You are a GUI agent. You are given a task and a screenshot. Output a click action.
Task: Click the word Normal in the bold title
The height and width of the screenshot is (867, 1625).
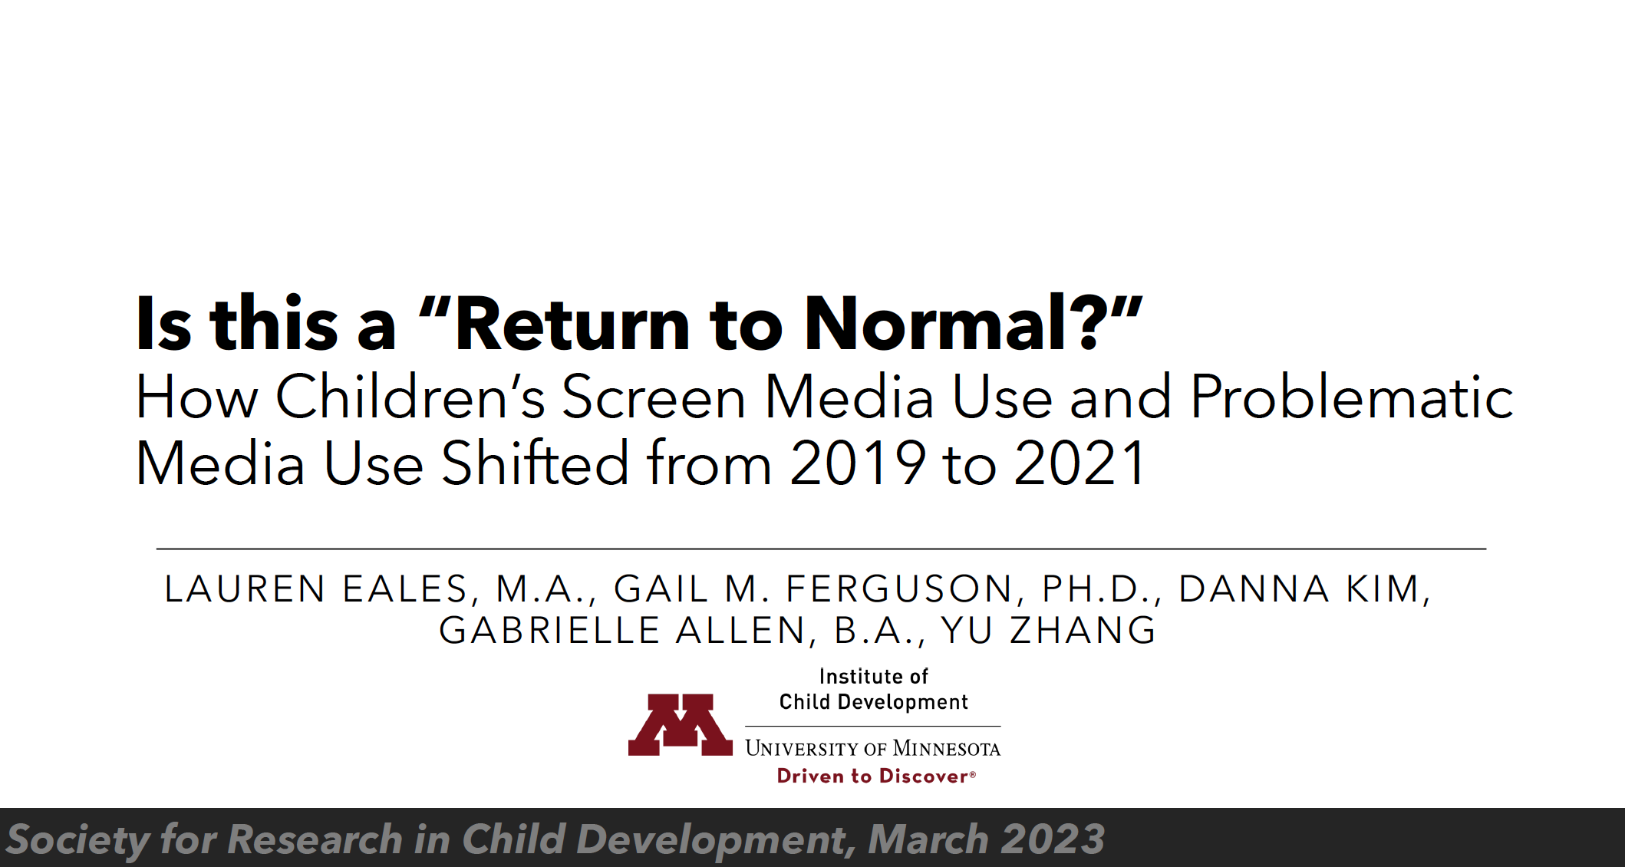935,324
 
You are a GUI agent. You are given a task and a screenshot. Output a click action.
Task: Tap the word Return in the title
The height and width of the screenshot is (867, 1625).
572,324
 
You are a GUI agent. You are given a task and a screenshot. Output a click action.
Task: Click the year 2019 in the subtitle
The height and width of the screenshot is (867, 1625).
858,463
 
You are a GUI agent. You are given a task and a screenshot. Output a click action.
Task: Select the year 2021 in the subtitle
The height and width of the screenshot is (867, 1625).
1080,463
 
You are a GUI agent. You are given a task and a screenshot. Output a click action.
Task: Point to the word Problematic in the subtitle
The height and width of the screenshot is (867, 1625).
1353,397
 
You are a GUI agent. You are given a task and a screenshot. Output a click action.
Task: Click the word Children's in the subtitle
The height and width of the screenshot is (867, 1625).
410,397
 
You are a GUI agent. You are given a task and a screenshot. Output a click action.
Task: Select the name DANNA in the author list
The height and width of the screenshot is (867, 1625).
1254,589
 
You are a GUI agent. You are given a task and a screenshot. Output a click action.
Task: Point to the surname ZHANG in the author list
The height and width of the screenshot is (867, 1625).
1083,631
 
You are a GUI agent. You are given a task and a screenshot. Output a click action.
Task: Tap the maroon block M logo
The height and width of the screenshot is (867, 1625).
681,725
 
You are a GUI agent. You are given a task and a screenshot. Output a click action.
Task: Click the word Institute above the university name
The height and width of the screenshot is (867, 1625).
853,677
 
